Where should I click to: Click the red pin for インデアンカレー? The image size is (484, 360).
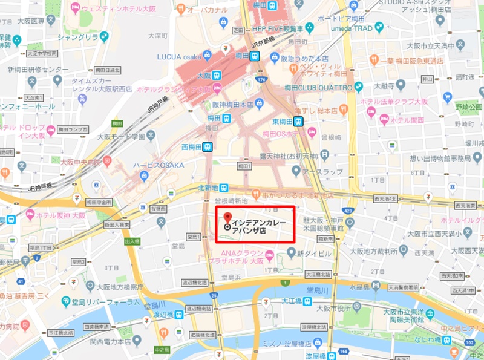[x=227, y=217]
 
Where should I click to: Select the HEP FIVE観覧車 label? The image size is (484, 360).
[x=279, y=28]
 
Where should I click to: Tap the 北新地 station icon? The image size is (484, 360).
[x=224, y=187]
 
